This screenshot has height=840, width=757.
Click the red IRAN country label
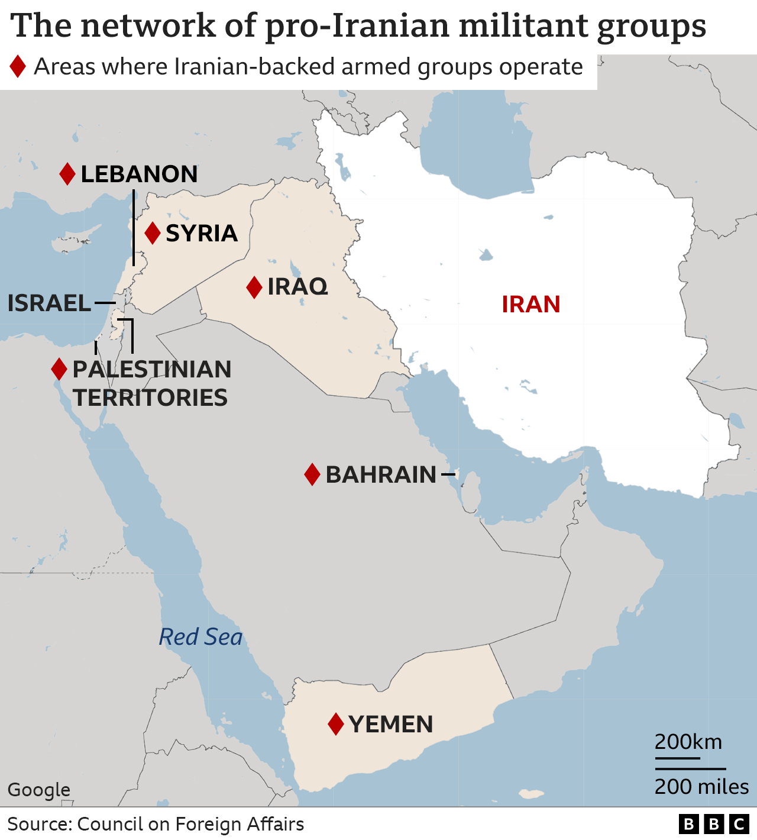[530, 304]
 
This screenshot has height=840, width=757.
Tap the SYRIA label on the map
[202, 234]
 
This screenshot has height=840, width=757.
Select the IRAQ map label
[297, 287]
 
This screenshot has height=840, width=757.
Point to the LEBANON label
[139, 174]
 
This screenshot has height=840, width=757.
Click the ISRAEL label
[49, 303]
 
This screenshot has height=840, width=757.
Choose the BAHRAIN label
[381, 474]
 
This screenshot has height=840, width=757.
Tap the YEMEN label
[390, 724]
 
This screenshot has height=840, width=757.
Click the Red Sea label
[200, 637]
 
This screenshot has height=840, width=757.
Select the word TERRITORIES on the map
[150, 398]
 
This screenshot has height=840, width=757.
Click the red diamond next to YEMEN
[336, 724]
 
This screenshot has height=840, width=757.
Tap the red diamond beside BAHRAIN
[312, 474]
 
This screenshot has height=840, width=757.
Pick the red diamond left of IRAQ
[254, 287]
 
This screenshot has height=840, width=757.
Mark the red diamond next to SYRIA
[153, 233]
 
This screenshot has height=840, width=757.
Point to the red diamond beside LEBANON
[67, 174]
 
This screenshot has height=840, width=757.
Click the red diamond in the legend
[18, 66]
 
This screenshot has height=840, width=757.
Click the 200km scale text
[688, 742]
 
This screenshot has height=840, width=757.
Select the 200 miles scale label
[701, 787]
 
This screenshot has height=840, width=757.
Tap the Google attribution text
[38, 790]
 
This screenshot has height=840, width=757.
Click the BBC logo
[713, 825]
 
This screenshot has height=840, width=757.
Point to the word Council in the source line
[110, 824]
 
